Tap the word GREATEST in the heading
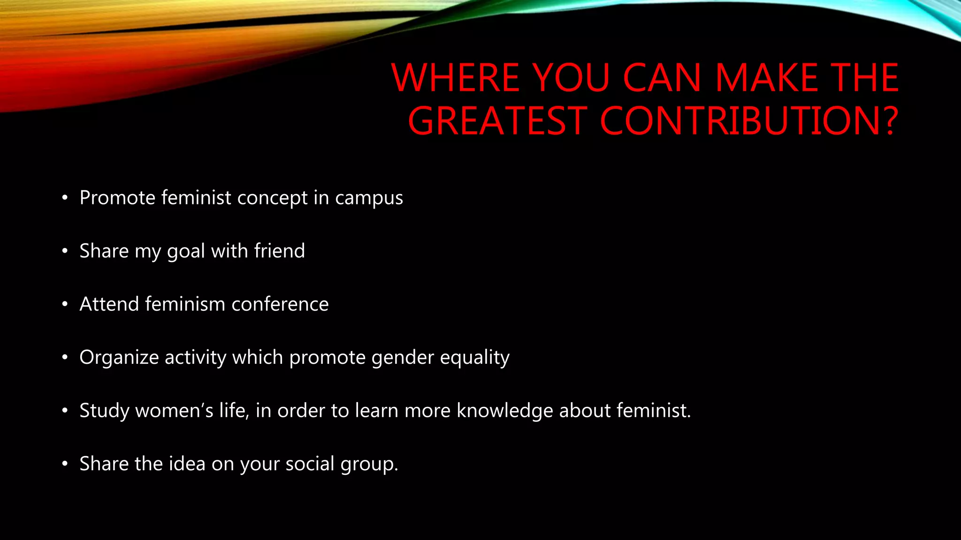click(497, 121)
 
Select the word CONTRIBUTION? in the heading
click(749, 121)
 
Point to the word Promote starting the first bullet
click(117, 198)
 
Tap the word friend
click(280, 251)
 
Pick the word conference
click(280, 304)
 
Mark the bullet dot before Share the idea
click(65, 464)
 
